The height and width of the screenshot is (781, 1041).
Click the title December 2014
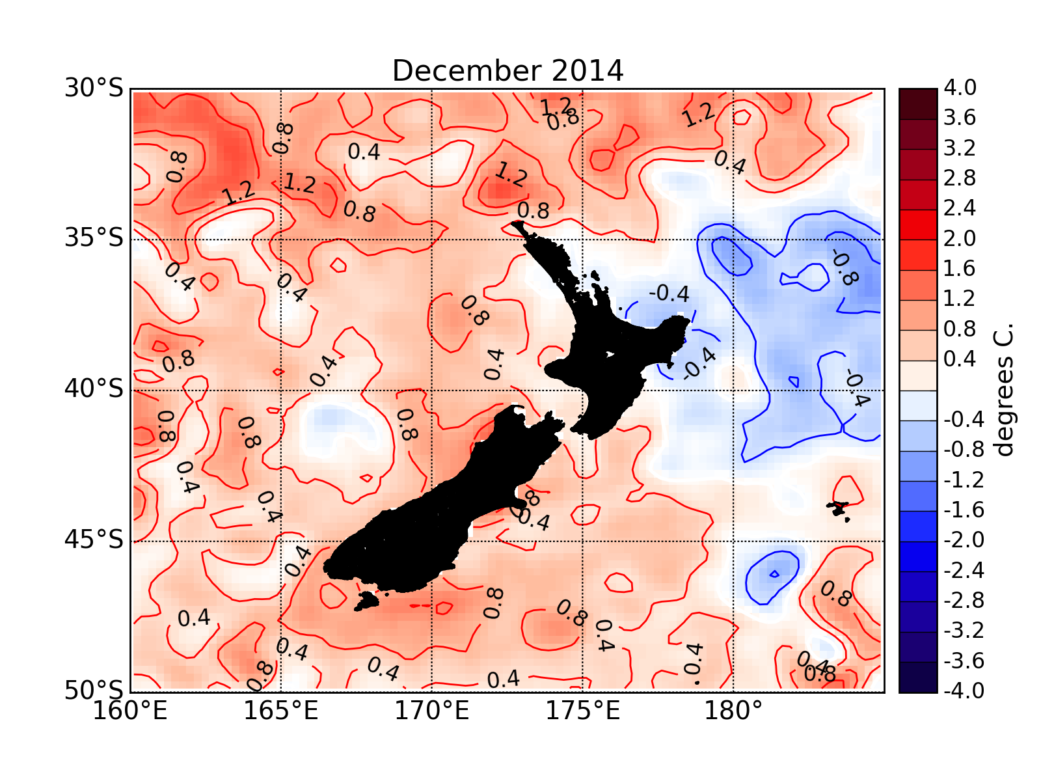coord(507,70)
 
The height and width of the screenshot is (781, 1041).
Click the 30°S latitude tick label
coord(94,88)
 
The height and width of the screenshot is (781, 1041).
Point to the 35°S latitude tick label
coord(94,239)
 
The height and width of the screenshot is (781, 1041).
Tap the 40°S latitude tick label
coord(94,390)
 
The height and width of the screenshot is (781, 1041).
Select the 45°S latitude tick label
coord(94,540)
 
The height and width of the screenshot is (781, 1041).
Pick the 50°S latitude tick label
coord(94,691)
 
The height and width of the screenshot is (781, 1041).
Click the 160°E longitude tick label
coord(130,711)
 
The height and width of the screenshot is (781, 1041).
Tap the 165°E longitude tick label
coord(281,711)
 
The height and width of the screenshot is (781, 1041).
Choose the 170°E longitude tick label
coord(432,711)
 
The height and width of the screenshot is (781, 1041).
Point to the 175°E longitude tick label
coord(582,711)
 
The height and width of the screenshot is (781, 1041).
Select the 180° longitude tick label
coord(733,711)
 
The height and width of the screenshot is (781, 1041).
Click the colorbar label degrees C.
coord(1004,390)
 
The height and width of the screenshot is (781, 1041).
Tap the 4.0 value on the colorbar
coord(960,88)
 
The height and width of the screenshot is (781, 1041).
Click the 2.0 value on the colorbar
coord(960,239)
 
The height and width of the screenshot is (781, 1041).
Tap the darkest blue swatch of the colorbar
coord(917,678)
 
